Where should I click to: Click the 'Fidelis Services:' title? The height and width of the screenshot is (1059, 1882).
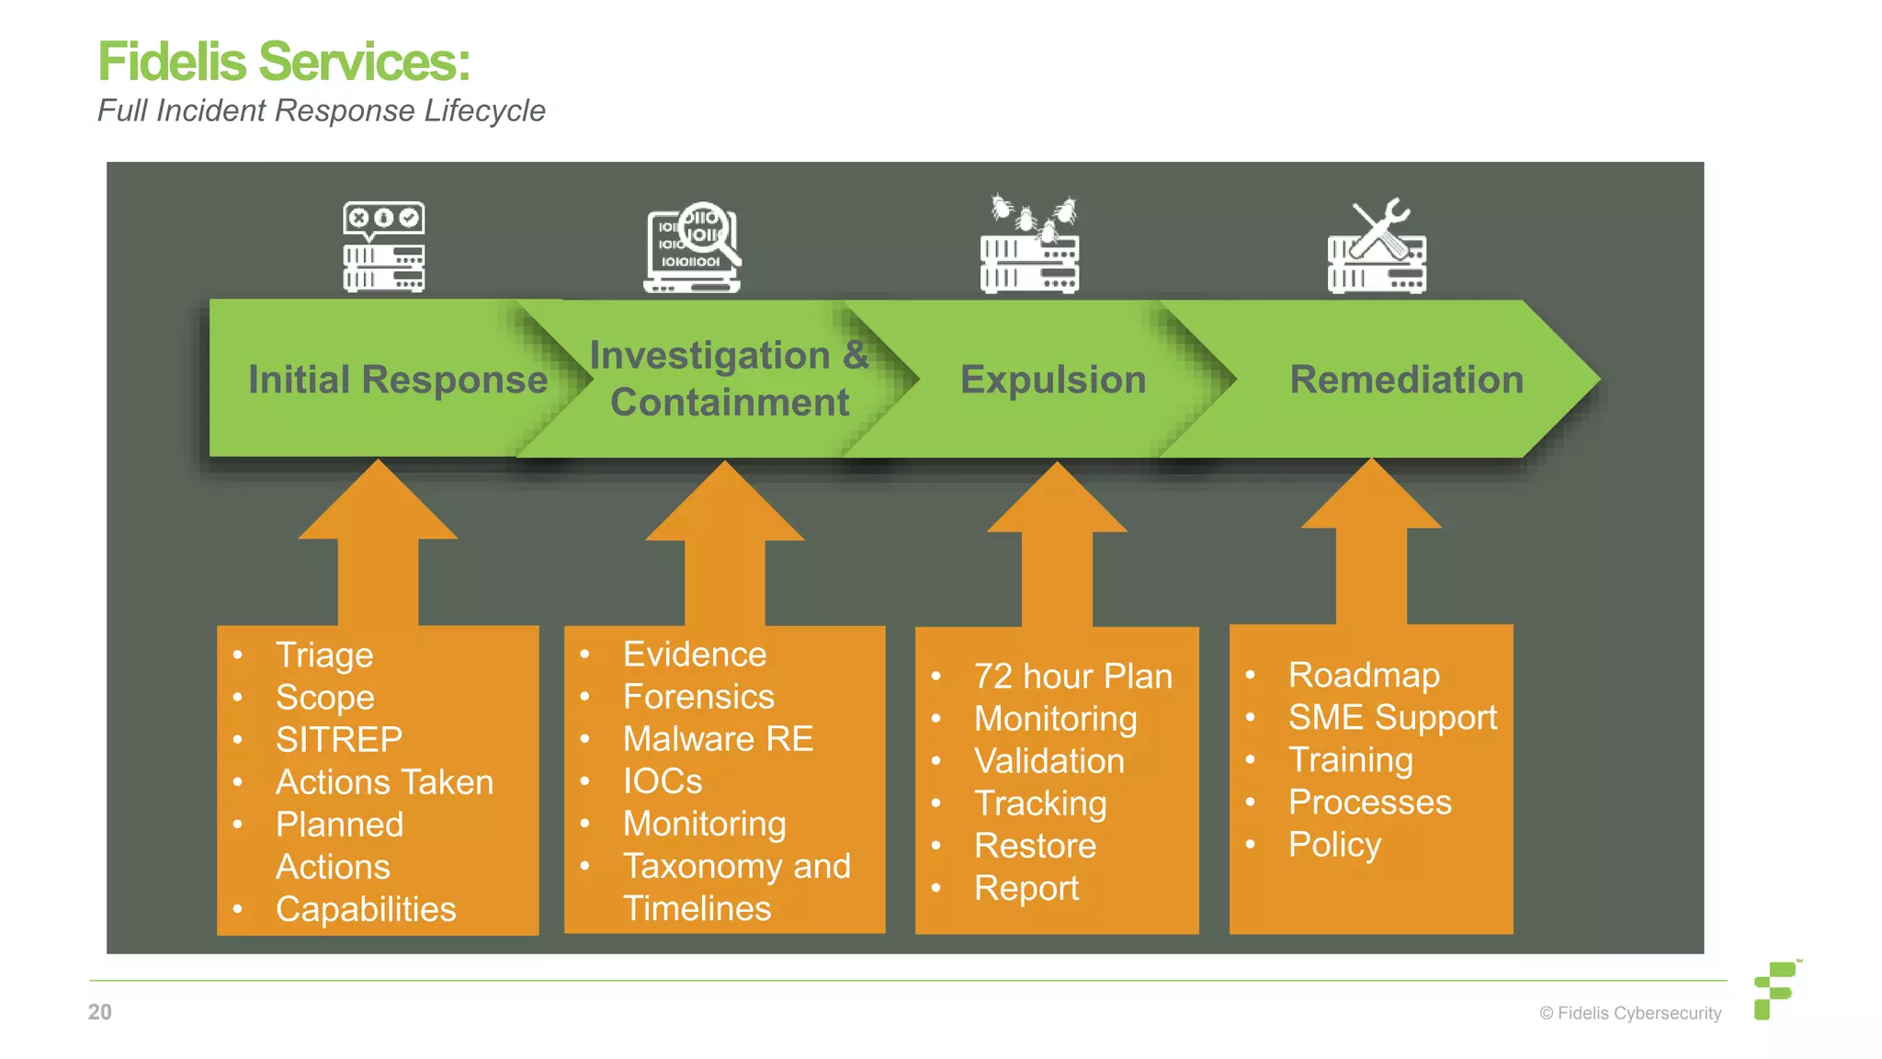coord(284,63)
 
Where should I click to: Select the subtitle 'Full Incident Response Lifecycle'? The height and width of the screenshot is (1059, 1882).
coord(321,110)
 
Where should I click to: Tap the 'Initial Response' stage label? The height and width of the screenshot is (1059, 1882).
coord(397,380)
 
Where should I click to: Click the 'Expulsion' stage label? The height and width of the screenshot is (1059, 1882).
coord(1053,380)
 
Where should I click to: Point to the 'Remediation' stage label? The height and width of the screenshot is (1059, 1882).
coord(1406,380)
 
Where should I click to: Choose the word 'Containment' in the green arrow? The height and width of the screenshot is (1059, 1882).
coord(730,403)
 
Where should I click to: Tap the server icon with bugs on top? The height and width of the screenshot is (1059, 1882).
coord(1030,245)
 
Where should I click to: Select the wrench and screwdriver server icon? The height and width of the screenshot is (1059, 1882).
coord(1377,247)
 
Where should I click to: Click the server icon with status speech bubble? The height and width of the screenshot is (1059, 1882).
coord(383,247)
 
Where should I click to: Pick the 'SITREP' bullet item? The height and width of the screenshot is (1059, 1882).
coord(339,740)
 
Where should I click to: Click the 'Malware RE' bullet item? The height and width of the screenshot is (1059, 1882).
coord(718,739)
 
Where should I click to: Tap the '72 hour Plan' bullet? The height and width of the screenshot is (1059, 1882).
coord(1072,677)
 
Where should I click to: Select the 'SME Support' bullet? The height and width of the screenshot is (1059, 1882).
coord(1392,717)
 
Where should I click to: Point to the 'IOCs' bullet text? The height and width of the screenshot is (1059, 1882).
coord(663,781)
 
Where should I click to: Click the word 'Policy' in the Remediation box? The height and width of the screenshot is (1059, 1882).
coord(1334,844)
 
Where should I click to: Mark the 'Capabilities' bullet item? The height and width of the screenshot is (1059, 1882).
coord(366,909)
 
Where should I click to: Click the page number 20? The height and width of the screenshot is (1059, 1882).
coord(99,1012)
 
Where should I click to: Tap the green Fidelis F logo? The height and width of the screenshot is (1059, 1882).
coord(1774,990)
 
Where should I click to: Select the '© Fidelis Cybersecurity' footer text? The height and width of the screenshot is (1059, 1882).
coord(1630,1013)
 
